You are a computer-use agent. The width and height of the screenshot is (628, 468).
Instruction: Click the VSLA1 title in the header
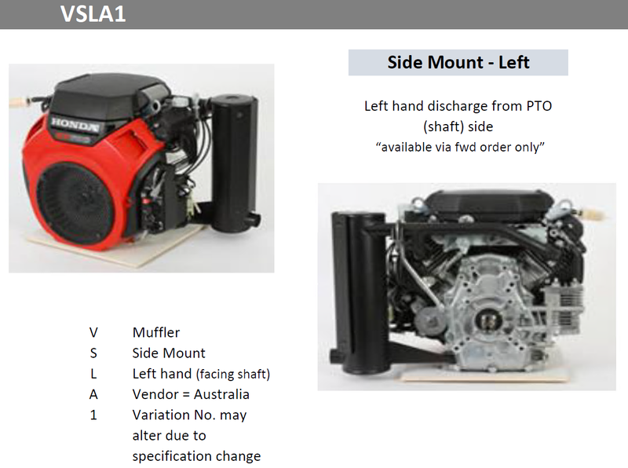click(93, 13)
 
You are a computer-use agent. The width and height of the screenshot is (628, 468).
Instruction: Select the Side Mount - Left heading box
click(458, 63)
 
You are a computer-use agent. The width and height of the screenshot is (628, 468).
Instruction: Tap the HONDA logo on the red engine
click(75, 124)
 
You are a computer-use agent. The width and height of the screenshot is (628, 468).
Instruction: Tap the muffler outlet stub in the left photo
click(253, 221)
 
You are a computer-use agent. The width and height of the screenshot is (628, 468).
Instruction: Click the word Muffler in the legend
click(156, 333)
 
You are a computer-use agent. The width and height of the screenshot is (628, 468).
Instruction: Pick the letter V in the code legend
click(93, 333)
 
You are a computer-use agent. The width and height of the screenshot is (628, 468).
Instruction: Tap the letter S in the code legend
click(93, 353)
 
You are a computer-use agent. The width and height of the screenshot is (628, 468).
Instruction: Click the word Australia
click(221, 394)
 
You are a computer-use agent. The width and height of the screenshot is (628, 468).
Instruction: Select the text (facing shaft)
click(233, 374)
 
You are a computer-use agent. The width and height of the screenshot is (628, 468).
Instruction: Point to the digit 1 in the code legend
click(93, 415)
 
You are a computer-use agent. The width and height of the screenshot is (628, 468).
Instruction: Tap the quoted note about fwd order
click(460, 147)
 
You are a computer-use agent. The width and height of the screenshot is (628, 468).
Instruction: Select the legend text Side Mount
click(169, 353)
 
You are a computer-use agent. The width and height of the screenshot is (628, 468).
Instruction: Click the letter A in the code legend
click(93, 394)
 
